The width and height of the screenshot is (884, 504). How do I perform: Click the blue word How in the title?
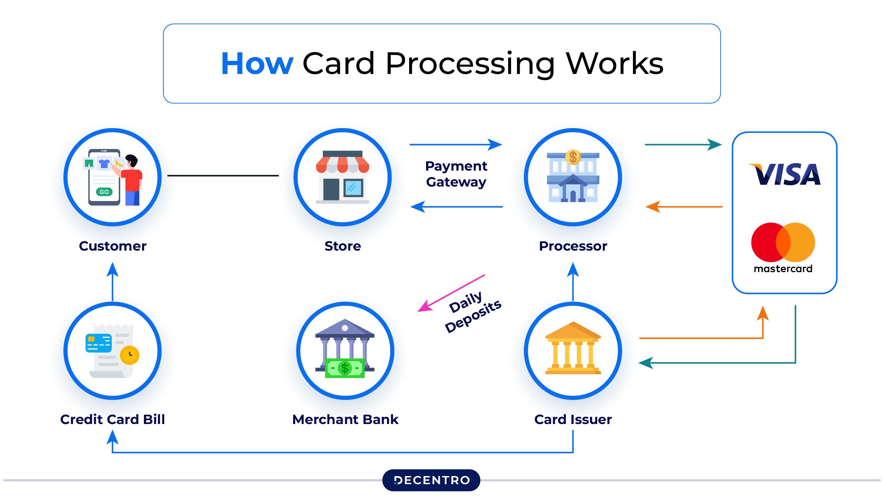(x=257, y=64)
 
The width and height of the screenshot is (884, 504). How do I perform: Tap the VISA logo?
(x=785, y=174)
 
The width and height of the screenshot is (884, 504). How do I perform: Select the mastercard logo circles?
(x=783, y=242)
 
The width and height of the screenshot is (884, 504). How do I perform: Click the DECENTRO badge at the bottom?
(x=431, y=480)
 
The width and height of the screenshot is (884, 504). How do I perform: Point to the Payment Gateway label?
(x=456, y=174)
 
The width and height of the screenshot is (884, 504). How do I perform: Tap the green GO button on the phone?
(x=104, y=192)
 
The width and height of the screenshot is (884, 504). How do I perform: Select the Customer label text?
(x=112, y=246)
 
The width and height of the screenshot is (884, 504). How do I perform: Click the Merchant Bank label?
(x=345, y=419)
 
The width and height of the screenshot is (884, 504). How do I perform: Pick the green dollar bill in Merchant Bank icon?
(x=344, y=368)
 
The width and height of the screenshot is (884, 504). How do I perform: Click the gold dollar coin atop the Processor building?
(x=573, y=157)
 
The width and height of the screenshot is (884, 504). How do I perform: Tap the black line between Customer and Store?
(x=223, y=176)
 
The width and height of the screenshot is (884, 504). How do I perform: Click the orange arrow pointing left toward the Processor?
(x=684, y=207)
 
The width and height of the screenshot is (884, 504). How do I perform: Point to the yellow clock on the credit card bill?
(x=129, y=355)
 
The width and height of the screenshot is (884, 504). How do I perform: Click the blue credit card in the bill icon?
(x=99, y=343)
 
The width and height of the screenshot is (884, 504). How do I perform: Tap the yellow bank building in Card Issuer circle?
(x=573, y=348)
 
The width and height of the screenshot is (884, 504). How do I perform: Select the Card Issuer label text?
(x=573, y=419)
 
